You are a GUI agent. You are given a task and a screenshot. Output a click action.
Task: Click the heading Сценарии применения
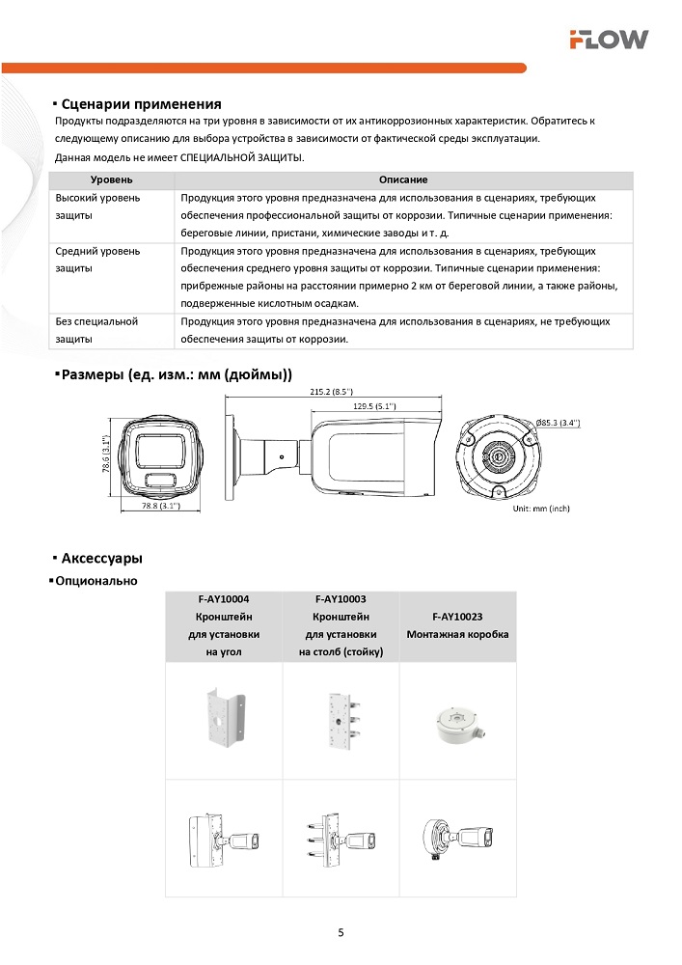tap(141, 104)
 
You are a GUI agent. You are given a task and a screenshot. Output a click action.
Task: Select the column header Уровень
tap(111, 180)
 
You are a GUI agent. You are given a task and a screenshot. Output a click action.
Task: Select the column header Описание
tap(403, 180)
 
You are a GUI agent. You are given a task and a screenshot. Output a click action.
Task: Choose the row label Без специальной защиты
tap(96, 330)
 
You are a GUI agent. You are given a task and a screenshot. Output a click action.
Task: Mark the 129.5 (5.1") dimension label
tap(377, 406)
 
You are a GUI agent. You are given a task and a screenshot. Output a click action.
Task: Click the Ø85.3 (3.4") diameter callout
tap(558, 423)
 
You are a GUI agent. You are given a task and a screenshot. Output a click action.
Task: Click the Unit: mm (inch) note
tap(541, 508)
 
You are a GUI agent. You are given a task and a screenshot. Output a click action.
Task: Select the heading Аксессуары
tap(101, 559)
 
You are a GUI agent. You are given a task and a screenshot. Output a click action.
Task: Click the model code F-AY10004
tap(223, 599)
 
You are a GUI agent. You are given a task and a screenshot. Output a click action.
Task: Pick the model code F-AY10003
tap(341, 599)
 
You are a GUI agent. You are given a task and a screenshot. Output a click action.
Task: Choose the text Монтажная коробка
tap(457, 634)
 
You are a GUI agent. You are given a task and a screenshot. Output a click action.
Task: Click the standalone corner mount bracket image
tap(223, 720)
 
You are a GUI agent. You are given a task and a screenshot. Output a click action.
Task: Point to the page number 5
tap(341, 932)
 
